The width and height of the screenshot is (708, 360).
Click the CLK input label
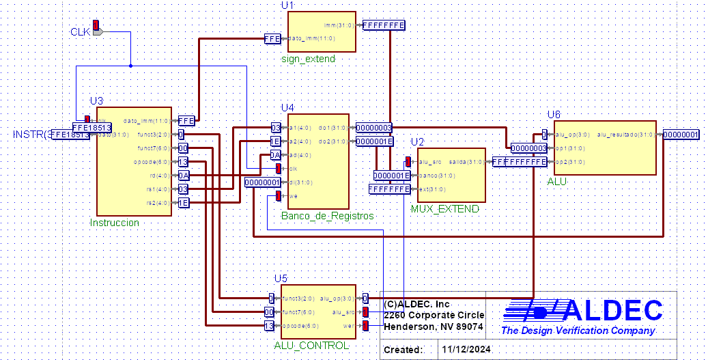81,32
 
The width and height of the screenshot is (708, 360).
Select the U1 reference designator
287,5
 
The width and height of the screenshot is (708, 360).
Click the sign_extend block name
308,59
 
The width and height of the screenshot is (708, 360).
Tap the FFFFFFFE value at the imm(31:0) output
384,25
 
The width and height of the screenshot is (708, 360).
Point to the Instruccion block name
115,223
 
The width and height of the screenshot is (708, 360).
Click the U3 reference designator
96,101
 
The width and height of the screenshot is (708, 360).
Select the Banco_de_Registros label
327,216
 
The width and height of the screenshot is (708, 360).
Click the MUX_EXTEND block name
445,208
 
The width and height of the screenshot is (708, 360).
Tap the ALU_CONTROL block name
311,346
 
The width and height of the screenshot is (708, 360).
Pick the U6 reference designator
554,114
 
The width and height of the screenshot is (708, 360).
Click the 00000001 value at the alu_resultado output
681,135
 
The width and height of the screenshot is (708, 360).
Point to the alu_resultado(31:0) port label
626,135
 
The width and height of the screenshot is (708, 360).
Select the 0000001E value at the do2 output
375,141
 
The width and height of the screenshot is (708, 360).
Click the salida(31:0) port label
467,162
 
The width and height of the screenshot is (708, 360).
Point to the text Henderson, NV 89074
434,327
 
